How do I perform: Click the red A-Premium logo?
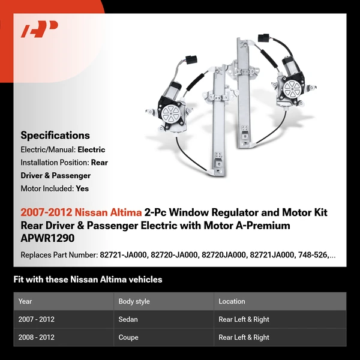click(x=39, y=29)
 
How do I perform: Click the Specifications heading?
click(x=55, y=135)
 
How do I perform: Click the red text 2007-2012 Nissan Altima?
click(x=81, y=213)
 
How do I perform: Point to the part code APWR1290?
click(x=47, y=238)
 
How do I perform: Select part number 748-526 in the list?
click(x=314, y=255)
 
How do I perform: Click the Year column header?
click(x=25, y=301)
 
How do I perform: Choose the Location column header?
click(x=232, y=301)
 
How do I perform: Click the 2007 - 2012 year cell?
click(x=36, y=320)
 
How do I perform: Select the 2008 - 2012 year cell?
click(x=36, y=337)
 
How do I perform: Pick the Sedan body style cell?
click(x=129, y=320)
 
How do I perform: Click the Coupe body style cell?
click(x=129, y=337)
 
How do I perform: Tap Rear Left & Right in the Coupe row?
click(x=244, y=337)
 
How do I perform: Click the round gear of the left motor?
click(x=172, y=113)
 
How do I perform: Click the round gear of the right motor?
click(x=292, y=89)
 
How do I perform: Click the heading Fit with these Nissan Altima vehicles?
click(x=88, y=280)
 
